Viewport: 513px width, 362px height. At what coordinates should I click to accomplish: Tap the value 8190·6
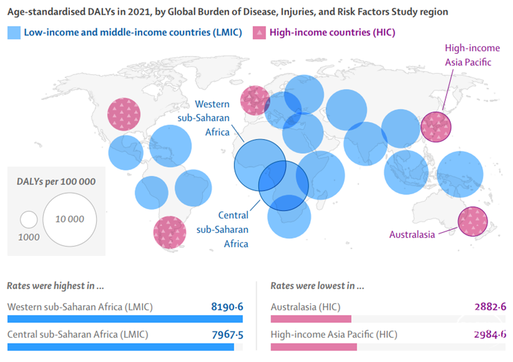[227, 307]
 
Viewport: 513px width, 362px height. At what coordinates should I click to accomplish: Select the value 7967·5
[227, 334]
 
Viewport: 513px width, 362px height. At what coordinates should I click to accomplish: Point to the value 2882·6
[490, 307]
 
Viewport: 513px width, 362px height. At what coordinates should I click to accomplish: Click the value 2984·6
[490, 334]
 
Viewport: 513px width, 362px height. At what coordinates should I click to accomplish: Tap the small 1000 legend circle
[28, 220]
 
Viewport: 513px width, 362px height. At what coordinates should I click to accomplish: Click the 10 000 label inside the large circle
[70, 219]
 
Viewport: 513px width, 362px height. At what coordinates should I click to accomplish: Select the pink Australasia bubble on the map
[473, 221]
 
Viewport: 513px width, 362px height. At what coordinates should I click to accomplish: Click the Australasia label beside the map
[412, 235]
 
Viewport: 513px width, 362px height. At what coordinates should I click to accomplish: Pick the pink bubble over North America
[123, 114]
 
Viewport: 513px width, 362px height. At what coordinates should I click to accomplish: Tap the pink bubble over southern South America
[170, 232]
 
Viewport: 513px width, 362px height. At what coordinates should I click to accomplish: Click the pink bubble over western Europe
[255, 100]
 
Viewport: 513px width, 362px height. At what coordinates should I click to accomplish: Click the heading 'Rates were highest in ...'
[56, 286]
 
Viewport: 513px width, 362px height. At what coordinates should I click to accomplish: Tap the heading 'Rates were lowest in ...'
[317, 286]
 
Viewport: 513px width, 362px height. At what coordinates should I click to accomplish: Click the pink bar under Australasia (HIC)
[311, 319]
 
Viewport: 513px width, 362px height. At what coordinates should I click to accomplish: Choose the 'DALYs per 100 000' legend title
[56, 182]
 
